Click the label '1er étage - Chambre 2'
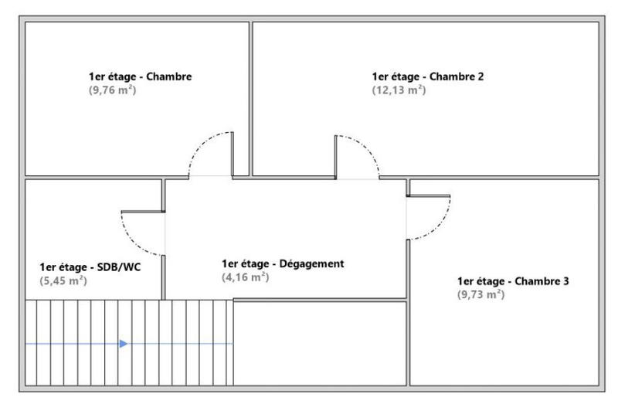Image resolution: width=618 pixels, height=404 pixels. (x=428, y=76)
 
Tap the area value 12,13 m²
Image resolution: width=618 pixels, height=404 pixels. (x=399, y=90)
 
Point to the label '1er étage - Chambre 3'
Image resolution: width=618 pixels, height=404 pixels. (x=513, y=281)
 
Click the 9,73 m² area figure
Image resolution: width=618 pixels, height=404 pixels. (x=480, y=294)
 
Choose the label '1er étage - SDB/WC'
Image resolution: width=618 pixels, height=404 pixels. (x=90, y=267)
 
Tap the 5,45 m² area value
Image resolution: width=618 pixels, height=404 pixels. (x=63, y=280)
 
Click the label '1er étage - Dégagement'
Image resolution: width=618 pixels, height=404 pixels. (x=282, y=263)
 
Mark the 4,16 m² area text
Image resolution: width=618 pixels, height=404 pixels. (x=246, y=277)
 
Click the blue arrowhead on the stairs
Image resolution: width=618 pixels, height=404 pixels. (x=123, y=344)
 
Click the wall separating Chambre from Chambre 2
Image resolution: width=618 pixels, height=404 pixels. (x=250, y=93)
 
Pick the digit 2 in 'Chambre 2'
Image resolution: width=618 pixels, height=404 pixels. (x=480, y=76)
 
